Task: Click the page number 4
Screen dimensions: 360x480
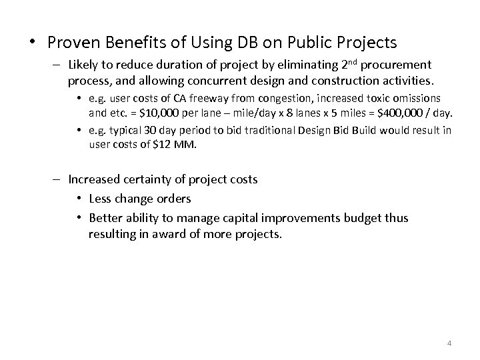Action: click(449, 343)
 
